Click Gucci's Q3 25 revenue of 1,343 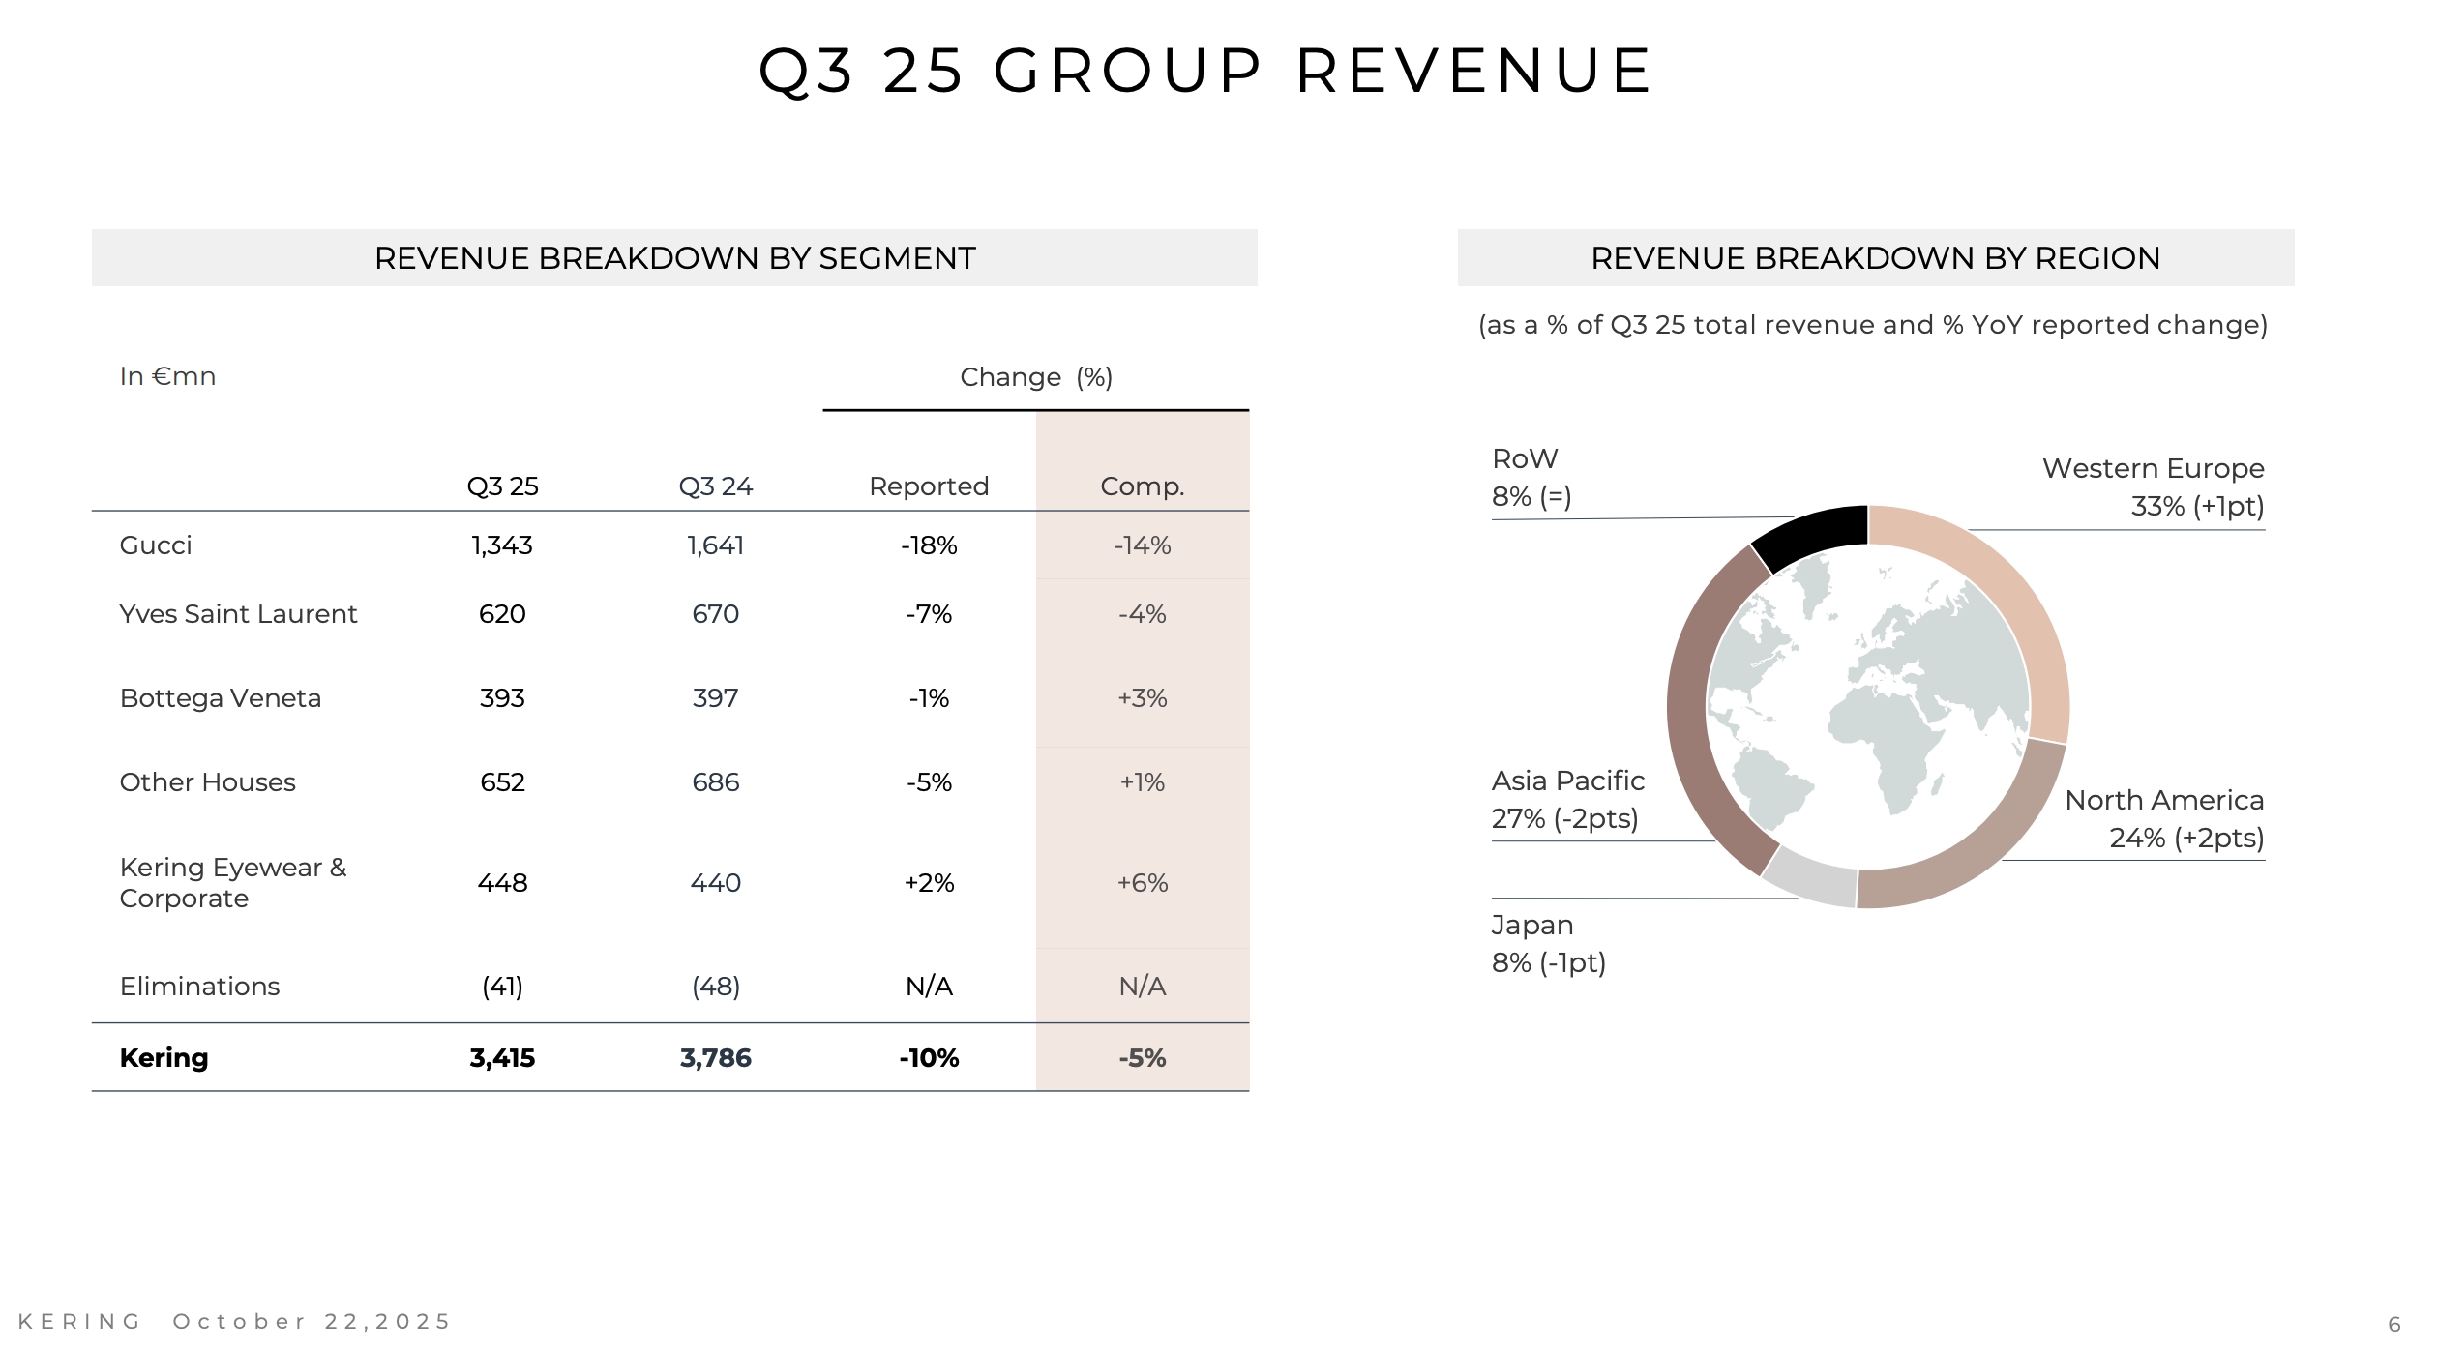pos(502,545)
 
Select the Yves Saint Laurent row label pos(238,614)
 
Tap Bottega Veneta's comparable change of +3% pos(1142,698)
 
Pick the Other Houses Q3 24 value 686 pos(715,782)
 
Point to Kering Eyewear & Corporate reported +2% pos(929,883)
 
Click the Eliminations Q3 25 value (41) pos(502,987)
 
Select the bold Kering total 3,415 pos(502,1058)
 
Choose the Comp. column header pos(1142,486)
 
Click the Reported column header pos(929,486)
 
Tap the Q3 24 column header pos(715,486)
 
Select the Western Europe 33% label pos(2196,506)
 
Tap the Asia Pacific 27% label pos(1565,818)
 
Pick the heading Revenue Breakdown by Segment pos(674,258)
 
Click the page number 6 pos(2393,1324)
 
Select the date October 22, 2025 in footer pos(312,1322)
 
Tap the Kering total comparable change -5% pos(1142,1058)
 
